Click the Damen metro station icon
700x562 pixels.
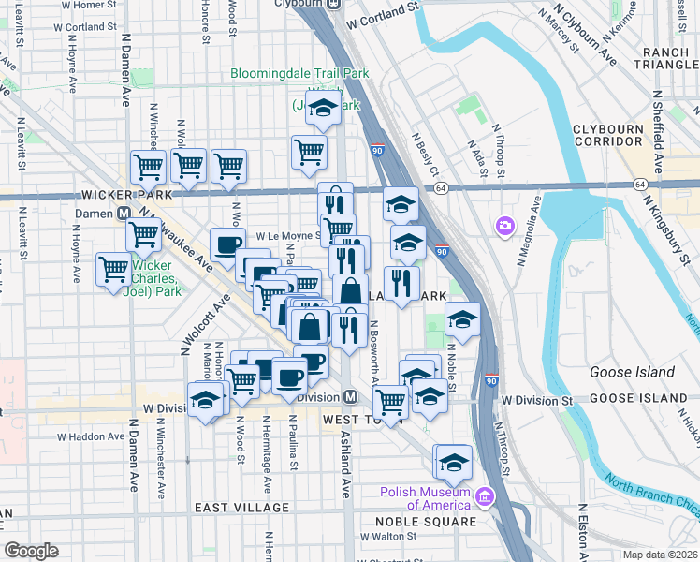click(x=124, y=213)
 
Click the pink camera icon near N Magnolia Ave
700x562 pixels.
click(x=505, y=226)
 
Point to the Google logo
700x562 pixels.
click(x=32, y=551)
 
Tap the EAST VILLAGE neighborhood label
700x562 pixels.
click(x=241, y=508)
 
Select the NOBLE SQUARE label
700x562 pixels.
click(x=427, y=520)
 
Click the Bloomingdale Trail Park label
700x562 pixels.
click(x=299, y=74)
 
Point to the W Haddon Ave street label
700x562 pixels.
click(x=91, y=436)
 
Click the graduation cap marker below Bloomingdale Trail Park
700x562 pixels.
click(x=323, y=111)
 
